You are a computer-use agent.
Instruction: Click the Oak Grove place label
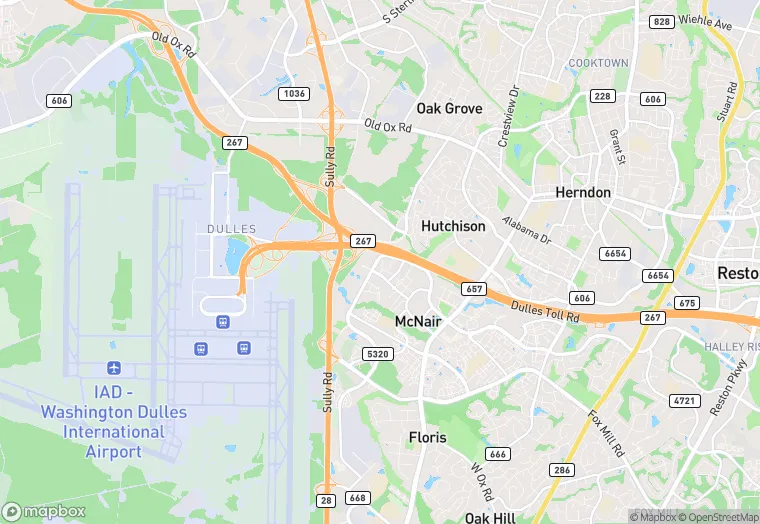point(449,108)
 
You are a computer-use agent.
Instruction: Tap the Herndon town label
point(583,192)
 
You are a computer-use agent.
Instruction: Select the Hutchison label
point(453,226)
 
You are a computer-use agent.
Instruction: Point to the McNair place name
point(418,321)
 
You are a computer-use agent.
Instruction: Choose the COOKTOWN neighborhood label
point(598,63)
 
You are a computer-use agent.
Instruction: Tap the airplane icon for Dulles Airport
point(113,369)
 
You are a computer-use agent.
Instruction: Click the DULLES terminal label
point(231,229)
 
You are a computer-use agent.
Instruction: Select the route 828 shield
point(661,22)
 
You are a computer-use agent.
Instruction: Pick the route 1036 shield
point(294,93)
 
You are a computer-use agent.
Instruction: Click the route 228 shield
point(602,96)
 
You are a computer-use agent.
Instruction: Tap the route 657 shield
point(474,288)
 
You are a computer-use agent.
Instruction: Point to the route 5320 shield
point(378,354)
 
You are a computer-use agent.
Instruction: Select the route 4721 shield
point(685,400)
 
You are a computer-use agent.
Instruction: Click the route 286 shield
point(561,469)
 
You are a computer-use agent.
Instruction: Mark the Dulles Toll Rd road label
point(545,312)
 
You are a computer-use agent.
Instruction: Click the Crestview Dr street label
point(510,115)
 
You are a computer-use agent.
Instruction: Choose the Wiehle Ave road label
point(706,20)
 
